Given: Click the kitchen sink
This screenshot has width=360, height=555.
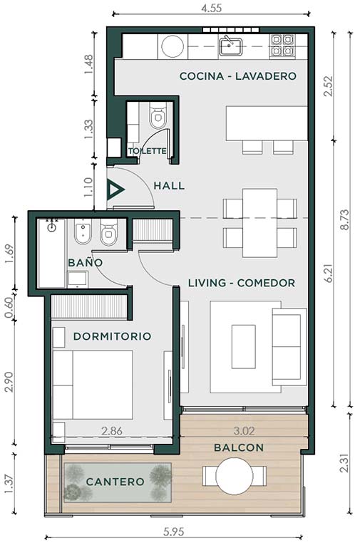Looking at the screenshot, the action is click(x=230, y=46).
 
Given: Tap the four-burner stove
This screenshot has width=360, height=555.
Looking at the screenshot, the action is click(x=282, y=46).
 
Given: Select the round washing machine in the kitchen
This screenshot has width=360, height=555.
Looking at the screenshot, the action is click(x=173, y=46).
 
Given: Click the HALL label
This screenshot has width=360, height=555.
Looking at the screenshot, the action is click(x=169, y=186).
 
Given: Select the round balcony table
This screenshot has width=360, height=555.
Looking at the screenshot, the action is click(x=235, y=476).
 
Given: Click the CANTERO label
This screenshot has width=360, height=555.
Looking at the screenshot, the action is click(x=115, y=482).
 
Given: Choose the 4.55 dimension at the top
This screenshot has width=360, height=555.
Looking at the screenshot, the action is click(x=212, y=8).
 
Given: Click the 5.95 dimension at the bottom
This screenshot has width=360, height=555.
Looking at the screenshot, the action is click(x=174, y=531).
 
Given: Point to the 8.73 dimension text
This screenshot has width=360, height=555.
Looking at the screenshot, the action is click(x=345, y=220).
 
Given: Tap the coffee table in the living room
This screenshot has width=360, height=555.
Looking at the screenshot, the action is click(x=244, y=347).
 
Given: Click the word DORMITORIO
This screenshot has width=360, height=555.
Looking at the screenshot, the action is click(x=113, y=336).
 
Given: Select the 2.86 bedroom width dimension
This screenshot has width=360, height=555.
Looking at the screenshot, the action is click(x=112, y=431).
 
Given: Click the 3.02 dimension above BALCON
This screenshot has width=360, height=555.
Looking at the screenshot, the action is click(x=245, y=431).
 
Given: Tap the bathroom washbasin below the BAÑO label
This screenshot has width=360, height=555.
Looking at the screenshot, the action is click(x=78, y=279).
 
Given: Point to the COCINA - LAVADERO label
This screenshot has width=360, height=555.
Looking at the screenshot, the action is click(x=238, y=76).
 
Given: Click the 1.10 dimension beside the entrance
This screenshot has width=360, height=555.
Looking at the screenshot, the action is click(x=88, y=187).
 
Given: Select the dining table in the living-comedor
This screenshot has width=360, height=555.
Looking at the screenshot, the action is click(x=259, y=223).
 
